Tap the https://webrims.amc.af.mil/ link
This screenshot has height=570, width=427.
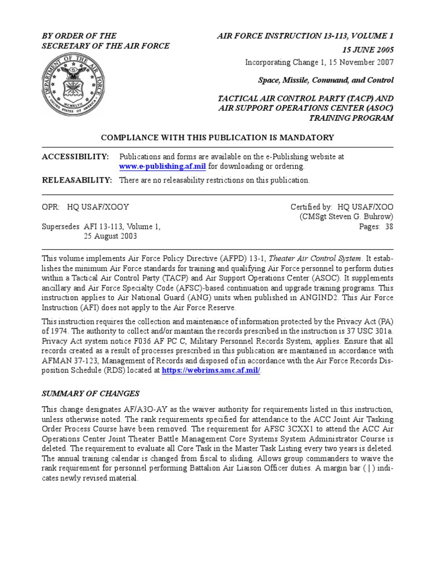tap(211, 371)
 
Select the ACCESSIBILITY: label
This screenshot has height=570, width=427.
tap(76, 157)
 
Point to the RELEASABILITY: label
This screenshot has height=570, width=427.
tap(77, 180)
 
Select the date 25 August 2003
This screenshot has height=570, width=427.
tap(110, 236)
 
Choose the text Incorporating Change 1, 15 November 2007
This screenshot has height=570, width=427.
tap(319, 62)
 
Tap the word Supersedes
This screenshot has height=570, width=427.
tap(61, 227)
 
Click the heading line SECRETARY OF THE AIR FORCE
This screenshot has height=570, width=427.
tap(106, 46)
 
